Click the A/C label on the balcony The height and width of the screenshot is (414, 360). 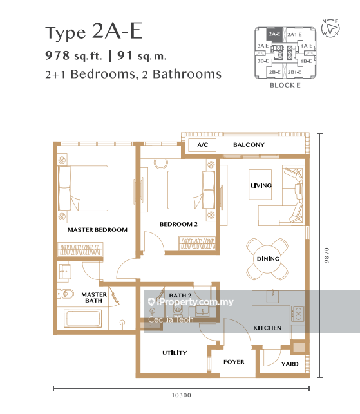203,145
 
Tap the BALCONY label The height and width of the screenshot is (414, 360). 249,145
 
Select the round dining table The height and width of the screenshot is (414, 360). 267,259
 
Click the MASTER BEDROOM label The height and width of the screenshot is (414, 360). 97,230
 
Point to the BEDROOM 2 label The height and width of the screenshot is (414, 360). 178,224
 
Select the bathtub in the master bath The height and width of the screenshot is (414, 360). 83,319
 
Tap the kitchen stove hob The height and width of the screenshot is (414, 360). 298,314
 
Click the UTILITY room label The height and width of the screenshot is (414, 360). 175,353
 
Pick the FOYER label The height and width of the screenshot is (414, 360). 234,362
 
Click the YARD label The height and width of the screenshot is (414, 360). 290,364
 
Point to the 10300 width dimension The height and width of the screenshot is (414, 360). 181,395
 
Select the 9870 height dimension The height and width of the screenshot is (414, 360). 327,255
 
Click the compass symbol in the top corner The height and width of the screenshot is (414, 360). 330,28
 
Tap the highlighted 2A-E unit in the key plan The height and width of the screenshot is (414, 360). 274,35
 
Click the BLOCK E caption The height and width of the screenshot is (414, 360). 285,85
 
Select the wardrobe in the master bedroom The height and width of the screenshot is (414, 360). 81,250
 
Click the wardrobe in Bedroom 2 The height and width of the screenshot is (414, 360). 197,243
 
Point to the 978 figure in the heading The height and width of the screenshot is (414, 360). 57,55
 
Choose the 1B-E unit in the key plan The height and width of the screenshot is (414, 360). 306,61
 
